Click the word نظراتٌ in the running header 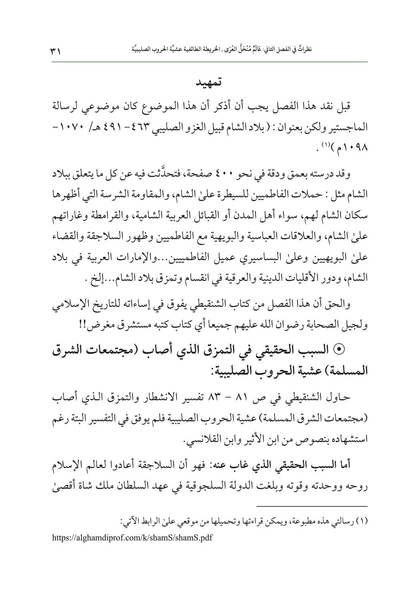pyautogui.click(x=305, y=50)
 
